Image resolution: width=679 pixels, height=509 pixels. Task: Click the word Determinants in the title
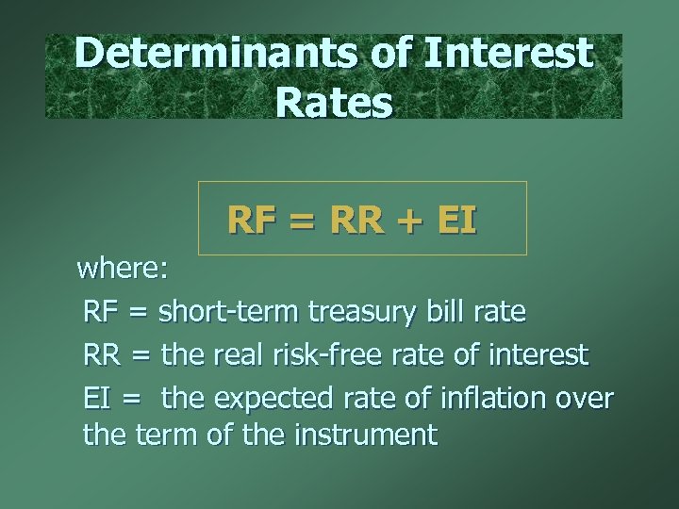[215, 54]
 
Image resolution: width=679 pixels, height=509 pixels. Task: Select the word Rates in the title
[334, 102]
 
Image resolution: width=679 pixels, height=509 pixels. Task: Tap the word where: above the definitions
[123, 270]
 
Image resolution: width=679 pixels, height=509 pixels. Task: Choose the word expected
[266, 399]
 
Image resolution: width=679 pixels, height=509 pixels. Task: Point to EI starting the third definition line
[97, 399]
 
